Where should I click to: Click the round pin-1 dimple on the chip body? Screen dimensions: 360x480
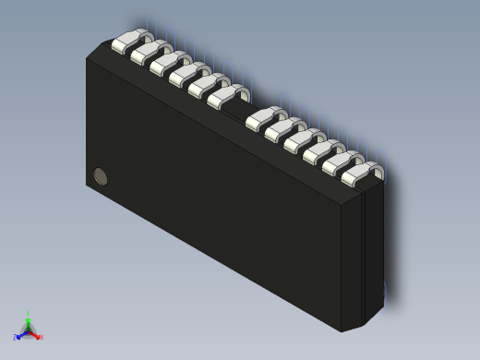[x=101, y=176]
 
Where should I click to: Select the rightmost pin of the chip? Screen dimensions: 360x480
[x=360, y=173]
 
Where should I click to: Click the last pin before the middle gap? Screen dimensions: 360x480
[x=226, y=96]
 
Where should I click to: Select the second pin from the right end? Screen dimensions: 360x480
[x=342, y=162]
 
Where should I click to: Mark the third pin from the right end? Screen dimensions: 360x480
[x=322, y=151]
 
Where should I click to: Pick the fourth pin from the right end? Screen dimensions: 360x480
[x=303, y=140]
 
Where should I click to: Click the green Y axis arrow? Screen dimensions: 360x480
[x=28, y=318]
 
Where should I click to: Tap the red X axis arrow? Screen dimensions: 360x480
[x=39, y=337]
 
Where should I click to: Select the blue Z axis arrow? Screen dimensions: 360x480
[x=18, y=337]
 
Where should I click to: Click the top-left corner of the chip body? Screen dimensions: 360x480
[x=89, y=58]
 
